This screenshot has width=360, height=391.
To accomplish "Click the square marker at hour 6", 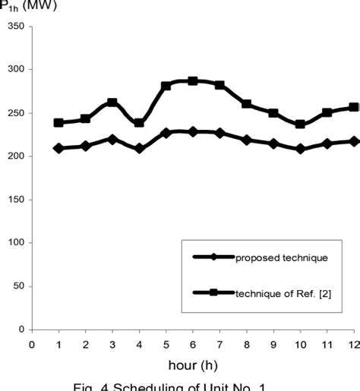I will pos(193,80).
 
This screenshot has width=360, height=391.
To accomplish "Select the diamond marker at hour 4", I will pos(139,149).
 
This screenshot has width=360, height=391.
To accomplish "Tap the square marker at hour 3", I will pos(112,102).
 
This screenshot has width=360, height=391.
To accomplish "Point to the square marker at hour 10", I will pos(300,124).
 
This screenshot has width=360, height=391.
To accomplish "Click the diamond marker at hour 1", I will pos(58,148).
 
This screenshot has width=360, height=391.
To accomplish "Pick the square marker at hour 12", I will pos(354,107).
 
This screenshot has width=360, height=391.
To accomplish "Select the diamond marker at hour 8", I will pos(246,140).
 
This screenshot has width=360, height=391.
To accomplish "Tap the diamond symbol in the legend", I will pos(214,257).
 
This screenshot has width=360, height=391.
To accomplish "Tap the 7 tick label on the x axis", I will pos(219,344).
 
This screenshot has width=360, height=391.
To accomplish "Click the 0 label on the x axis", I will pos(32,344).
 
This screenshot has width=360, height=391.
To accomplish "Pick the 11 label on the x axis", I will pos(327,344).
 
